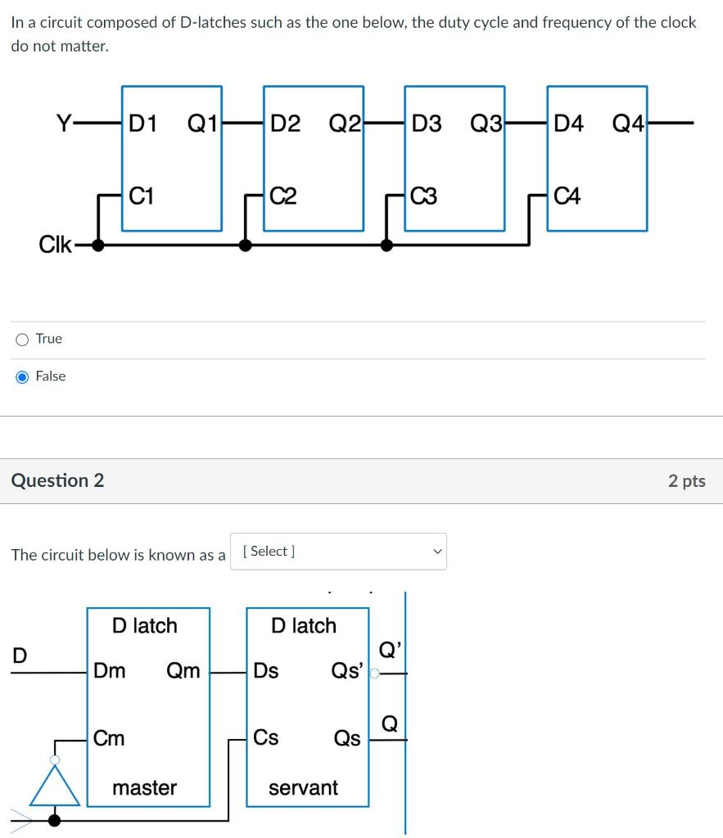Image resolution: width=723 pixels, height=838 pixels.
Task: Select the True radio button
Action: (22, 340)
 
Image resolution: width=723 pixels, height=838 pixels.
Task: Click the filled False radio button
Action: (22, 376)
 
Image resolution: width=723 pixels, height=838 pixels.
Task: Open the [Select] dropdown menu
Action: (338, 552)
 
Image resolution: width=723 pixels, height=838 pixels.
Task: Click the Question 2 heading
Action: (57, 480)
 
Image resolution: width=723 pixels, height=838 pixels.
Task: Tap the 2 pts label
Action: (686, 481)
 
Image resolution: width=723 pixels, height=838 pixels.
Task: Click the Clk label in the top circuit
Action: (55, 245)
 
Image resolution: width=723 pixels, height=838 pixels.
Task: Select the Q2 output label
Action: (345, 124)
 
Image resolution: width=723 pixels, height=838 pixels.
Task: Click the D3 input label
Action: (427, 124)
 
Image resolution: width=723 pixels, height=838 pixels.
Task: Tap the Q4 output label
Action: (628, 124)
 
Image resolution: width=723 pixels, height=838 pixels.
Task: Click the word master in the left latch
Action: (144, 788)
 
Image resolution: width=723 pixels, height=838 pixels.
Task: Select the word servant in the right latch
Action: (303, 788)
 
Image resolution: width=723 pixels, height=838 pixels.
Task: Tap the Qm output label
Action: (183, 671)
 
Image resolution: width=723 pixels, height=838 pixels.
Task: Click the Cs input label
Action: (266, 738)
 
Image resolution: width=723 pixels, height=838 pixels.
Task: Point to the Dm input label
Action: (110, 671)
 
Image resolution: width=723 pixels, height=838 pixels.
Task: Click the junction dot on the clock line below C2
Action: (245, 245)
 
